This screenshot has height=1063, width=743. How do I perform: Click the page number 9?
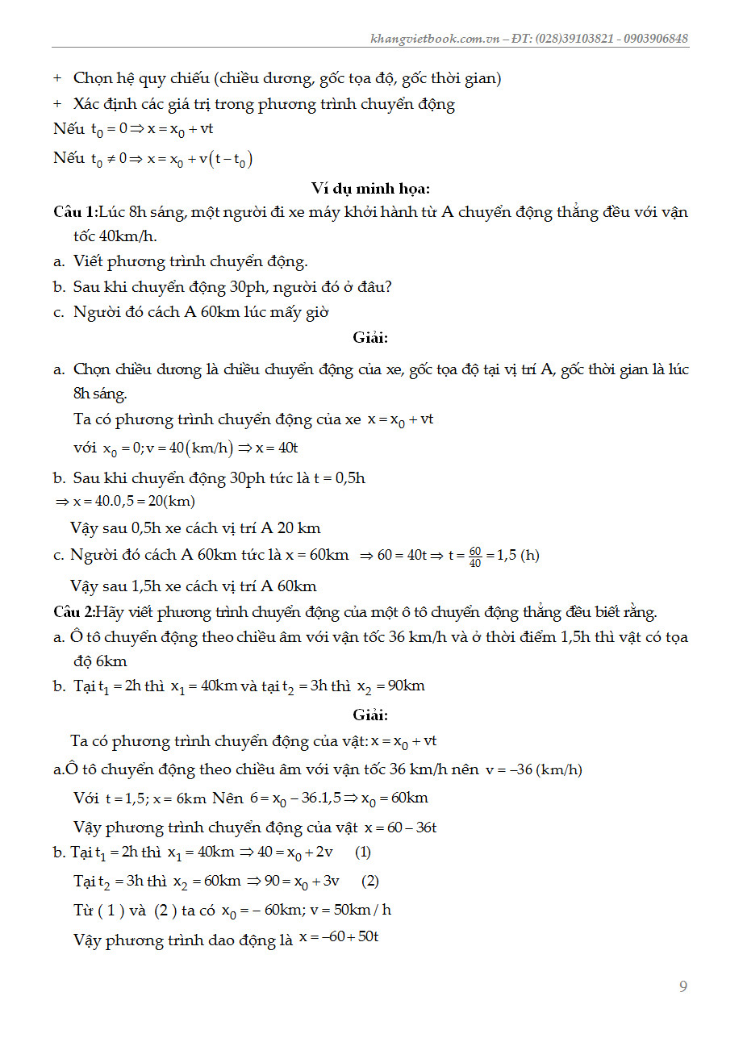(683, 986)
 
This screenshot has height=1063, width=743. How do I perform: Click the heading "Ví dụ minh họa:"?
(370, 188)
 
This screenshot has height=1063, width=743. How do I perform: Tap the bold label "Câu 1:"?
(74, 212)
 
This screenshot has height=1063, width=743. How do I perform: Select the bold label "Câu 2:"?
(74, 612)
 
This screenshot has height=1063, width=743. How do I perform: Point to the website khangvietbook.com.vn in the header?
(434, 39)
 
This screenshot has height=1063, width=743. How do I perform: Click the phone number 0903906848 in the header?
(655, 39)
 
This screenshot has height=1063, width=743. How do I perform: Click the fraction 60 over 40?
(475, 557)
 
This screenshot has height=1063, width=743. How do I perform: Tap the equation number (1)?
(363, 852)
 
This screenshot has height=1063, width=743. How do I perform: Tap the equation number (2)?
(370, 881)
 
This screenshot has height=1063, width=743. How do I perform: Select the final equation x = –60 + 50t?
(339, 937)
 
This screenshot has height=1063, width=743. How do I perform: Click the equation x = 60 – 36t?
(400, 827)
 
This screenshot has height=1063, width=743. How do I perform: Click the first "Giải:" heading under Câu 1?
(370, 338)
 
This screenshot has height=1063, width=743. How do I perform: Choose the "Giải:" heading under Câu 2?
(370, 715)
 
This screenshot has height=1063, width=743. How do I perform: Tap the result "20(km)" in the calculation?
(171, 502)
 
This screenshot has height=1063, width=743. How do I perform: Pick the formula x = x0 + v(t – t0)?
(199, 159)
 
